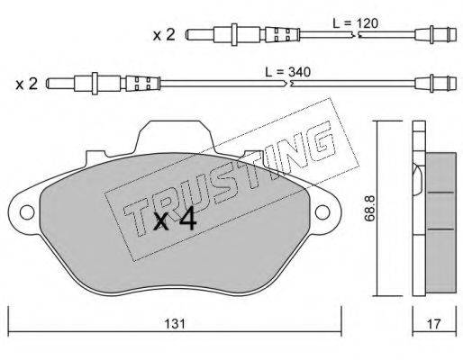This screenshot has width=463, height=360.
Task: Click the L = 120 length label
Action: tap(356, 23)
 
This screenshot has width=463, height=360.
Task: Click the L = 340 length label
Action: tap(287, 72)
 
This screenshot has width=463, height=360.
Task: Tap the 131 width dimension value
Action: tap(175, 324)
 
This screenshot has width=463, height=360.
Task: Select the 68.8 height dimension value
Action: tap(368, 208)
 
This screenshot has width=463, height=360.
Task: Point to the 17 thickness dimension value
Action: tap(434, 324)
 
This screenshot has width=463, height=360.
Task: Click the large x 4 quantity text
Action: tap(175, 219)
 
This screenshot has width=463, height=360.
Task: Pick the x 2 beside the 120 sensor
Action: tap(164, 35)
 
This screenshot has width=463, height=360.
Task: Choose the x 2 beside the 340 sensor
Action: tap(27, 85)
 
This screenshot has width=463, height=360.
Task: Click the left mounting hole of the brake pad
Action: tap(27, 212)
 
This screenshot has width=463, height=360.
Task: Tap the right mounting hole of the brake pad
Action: tap(322, 212)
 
